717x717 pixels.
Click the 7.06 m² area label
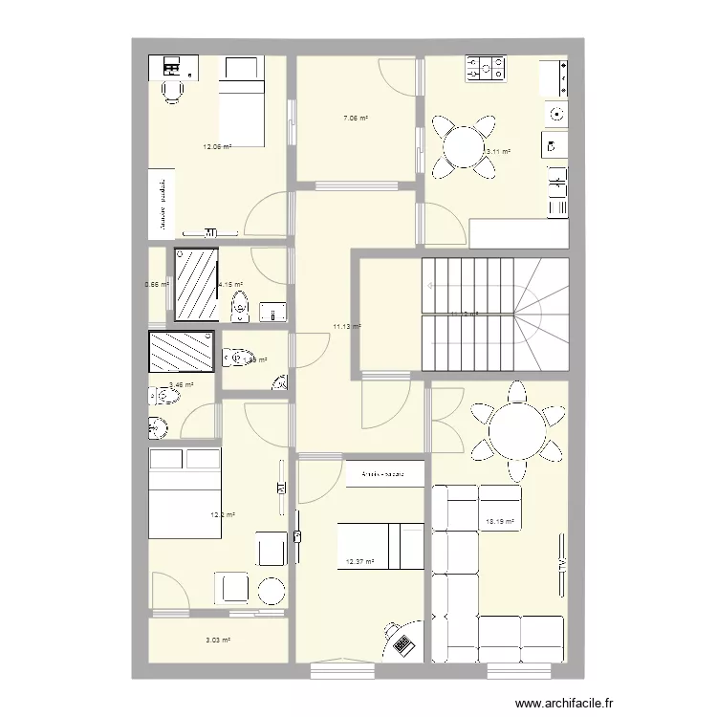[x=356, y=119]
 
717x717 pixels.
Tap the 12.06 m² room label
[x=217, y=147]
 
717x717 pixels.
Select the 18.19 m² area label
[x=500, y=522]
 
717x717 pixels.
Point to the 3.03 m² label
[x=219, y=641]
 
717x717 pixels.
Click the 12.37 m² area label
[x=359, y=562]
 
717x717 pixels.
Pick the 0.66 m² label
[x=156, y=284]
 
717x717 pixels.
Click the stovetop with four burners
[x=486, y=68]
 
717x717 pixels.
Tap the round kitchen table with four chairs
[x=465, y=148]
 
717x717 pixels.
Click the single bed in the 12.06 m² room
[x=242, y=105]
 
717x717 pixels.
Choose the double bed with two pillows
[x=185, y=492]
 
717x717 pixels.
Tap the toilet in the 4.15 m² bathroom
[x=239, y=307]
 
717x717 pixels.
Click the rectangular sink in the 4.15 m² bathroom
[x=272, y=312]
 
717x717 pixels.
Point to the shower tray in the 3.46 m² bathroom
[x=182, y=351]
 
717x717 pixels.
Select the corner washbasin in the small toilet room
[x=279, y=384]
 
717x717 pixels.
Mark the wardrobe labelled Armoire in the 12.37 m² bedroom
[x=383, y=473]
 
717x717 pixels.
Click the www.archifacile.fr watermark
[x=565, y=701]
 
